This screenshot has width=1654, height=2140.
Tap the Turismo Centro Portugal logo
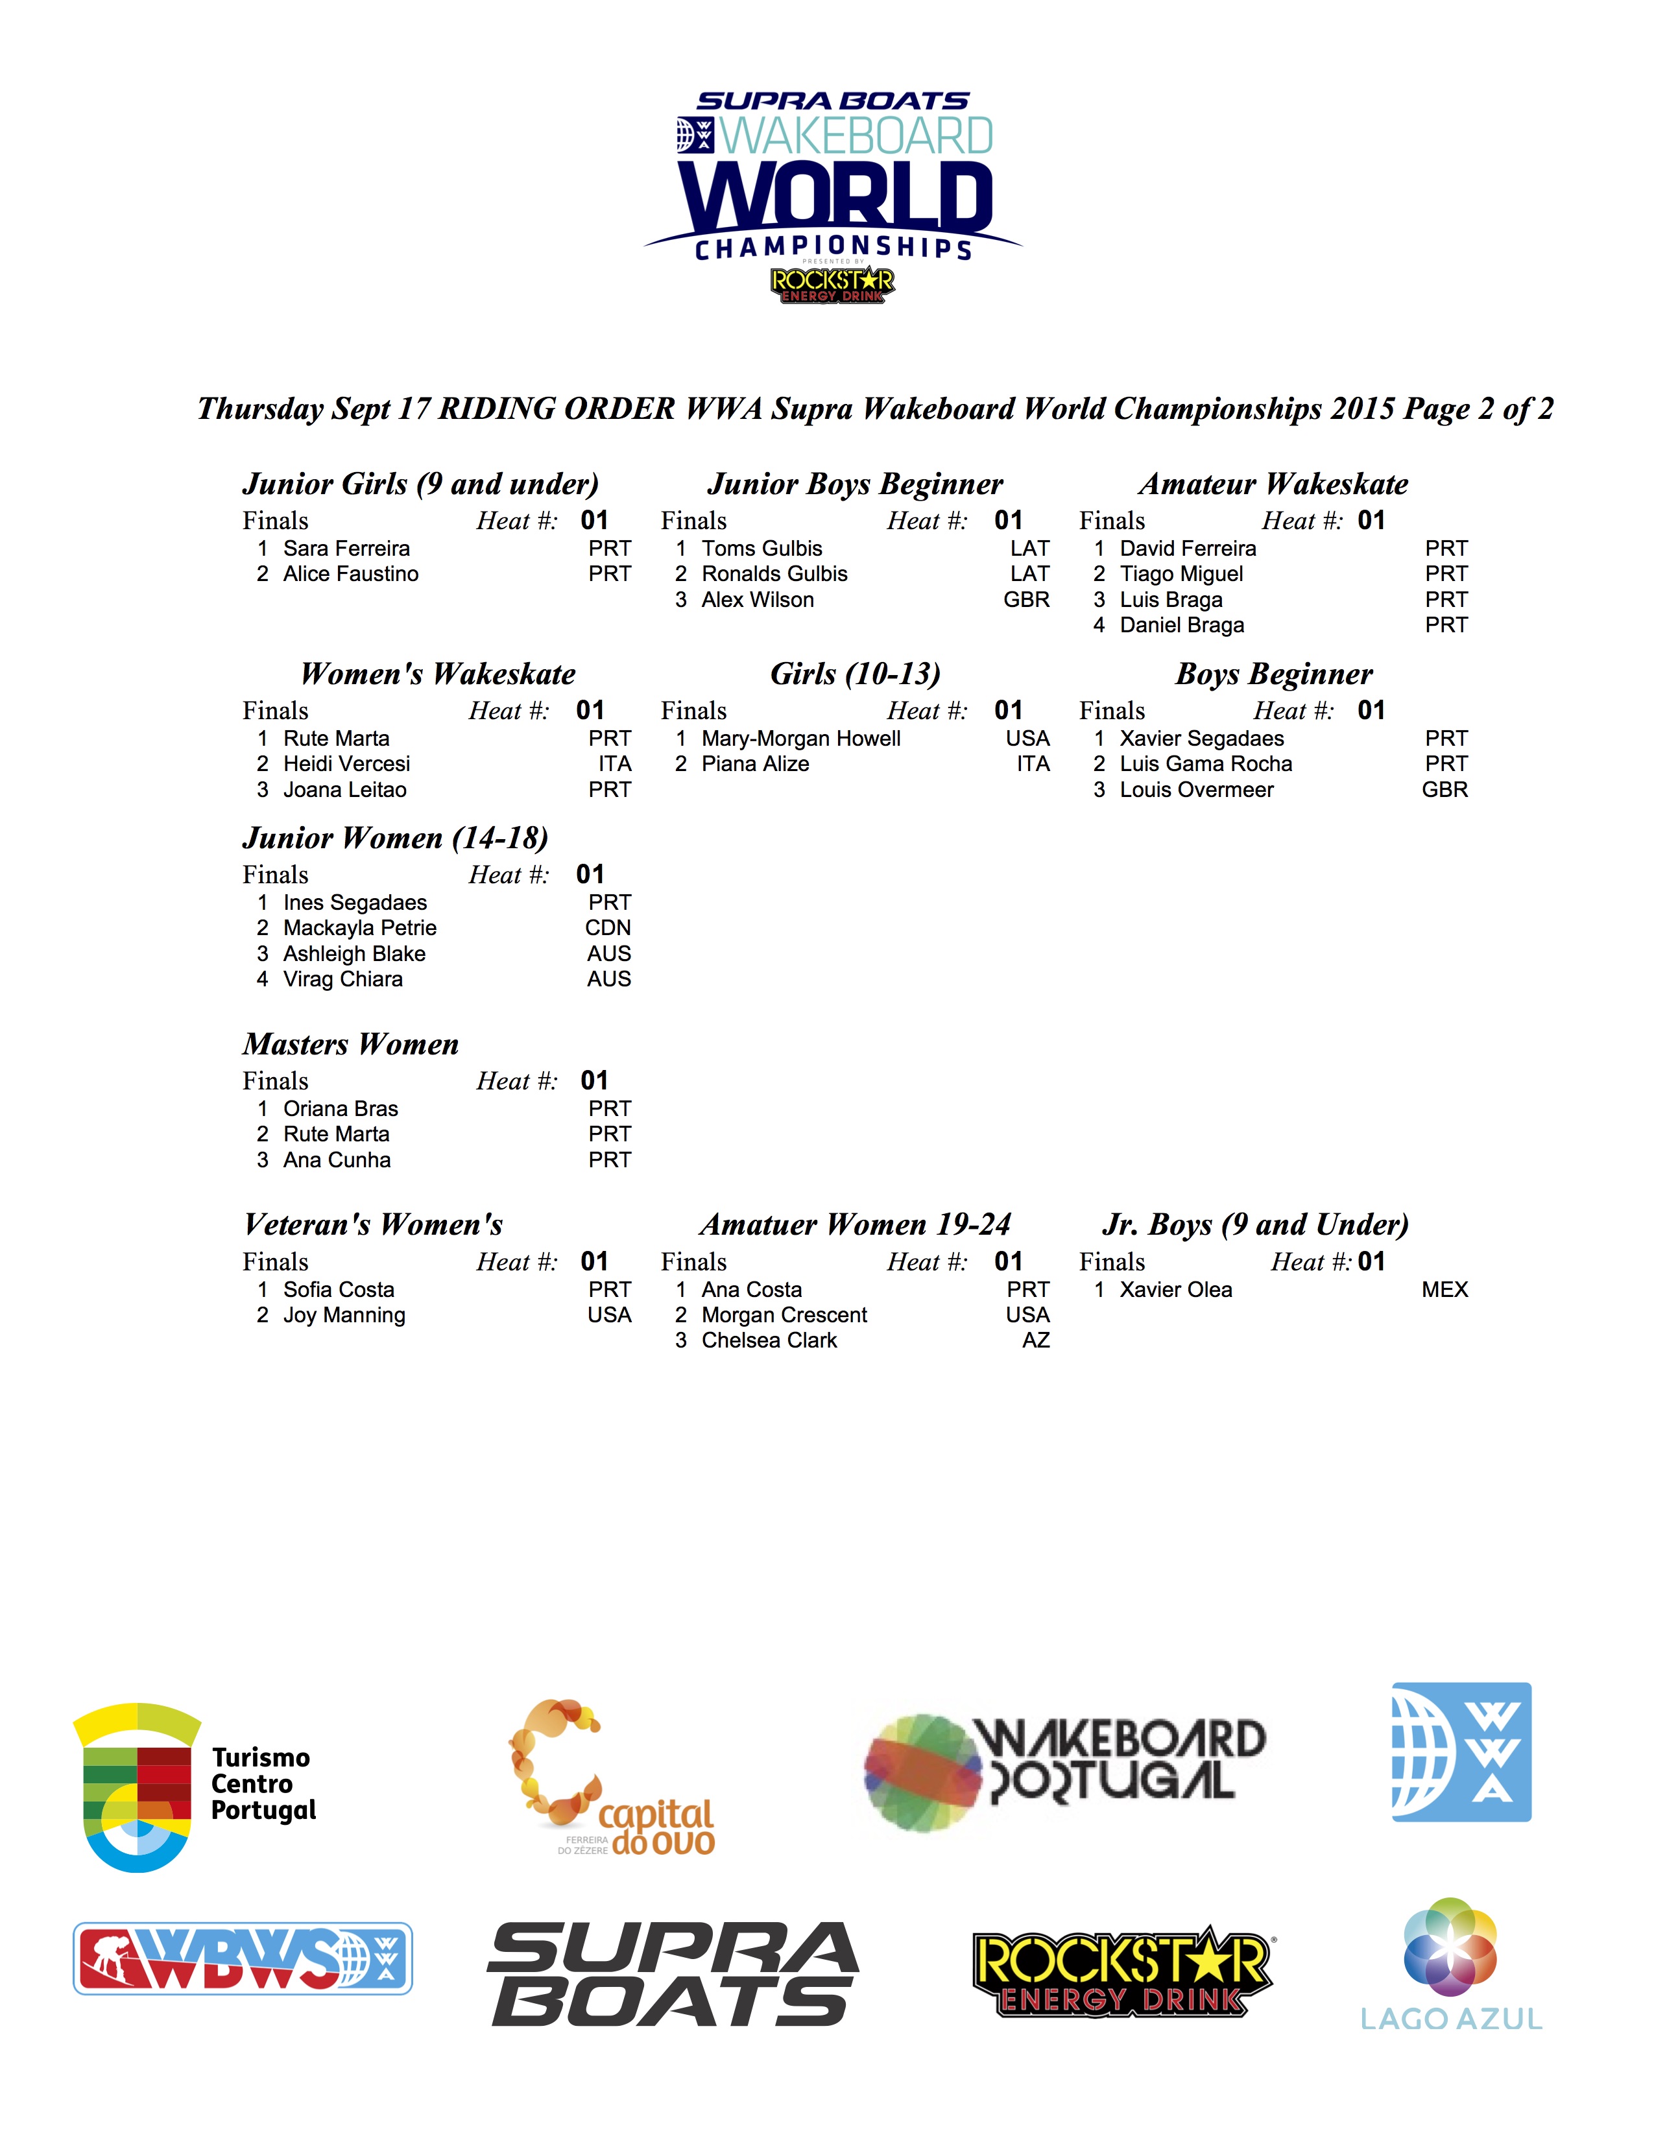194,1787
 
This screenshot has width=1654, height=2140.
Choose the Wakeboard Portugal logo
1064,1772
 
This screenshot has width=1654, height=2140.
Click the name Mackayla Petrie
359,928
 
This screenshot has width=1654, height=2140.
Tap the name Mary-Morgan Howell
800,739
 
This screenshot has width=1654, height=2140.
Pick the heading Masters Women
351,1045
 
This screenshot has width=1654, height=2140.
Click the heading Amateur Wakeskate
1273,484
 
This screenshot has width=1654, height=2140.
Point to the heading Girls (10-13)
854,674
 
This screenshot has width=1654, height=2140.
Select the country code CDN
608,928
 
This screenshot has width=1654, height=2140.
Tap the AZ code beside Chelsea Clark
1036,1340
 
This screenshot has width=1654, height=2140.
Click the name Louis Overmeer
1197,790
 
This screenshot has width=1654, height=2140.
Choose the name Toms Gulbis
761,549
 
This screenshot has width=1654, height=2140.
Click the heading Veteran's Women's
374,1225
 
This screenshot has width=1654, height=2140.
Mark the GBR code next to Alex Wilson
1026,600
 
